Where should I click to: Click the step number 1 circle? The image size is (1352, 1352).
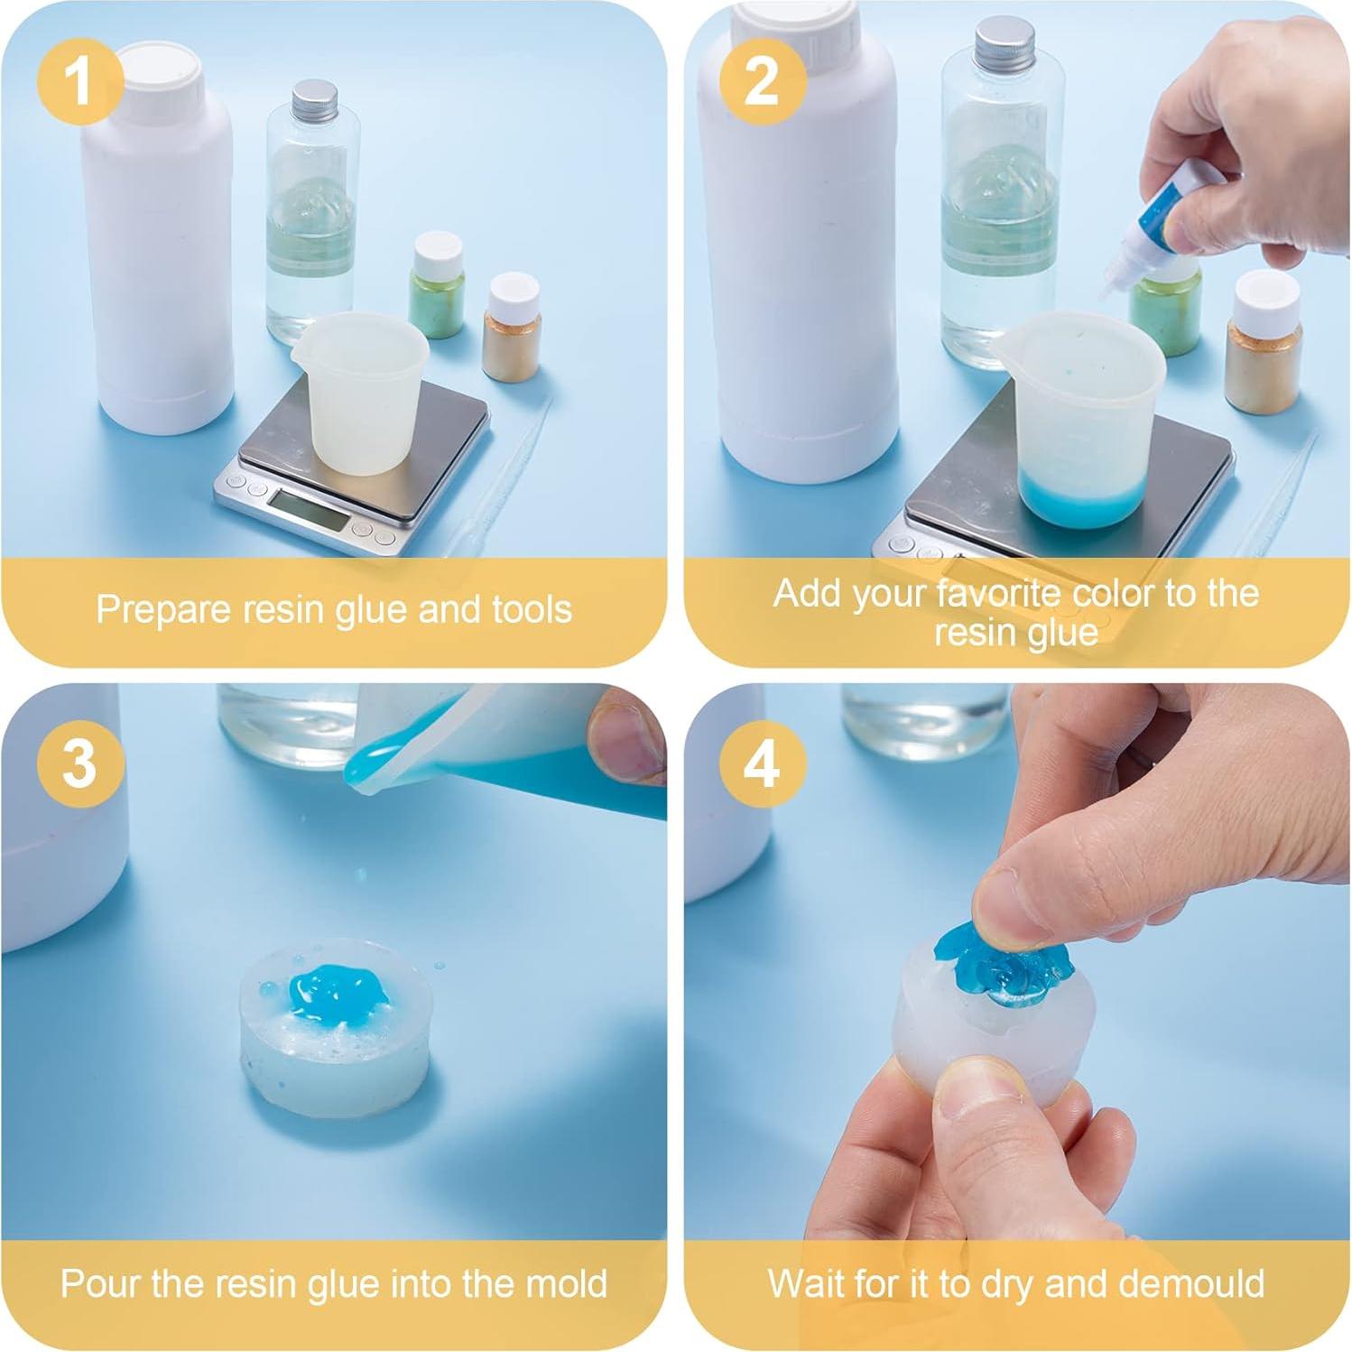click(x=79, y=80)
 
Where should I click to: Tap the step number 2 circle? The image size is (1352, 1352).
click(x=762, y=80)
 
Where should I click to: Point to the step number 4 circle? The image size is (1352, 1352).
click(x=762, y=763)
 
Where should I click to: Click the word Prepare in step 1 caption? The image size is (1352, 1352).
click(x=165, y=610)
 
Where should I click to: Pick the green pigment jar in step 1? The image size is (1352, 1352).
click(x=437, y=284)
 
